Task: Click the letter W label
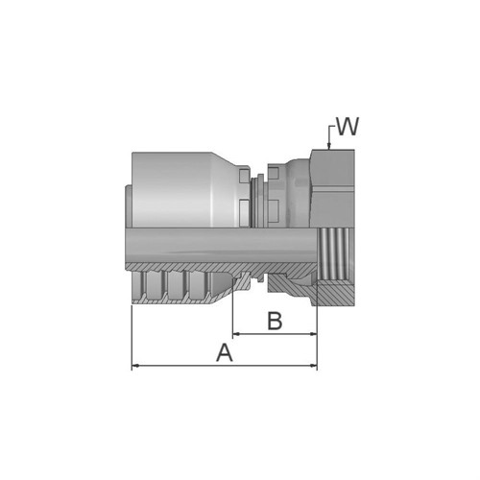[347, 127]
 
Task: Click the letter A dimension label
[225, 352]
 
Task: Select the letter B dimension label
[275, 321]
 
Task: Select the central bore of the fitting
[221, 246]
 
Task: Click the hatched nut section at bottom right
[336, 292]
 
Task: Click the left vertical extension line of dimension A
[131, 336]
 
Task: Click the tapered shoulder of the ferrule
[229, 173]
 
